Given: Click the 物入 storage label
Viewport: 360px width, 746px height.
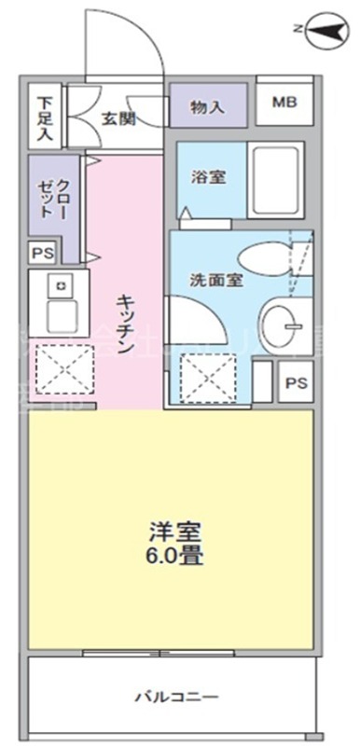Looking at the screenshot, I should (207, 105).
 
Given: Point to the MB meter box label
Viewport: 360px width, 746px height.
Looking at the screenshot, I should (284, 104).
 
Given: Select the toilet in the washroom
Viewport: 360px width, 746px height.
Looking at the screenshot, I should (265, 258).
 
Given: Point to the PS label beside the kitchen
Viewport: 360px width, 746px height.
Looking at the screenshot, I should (41, 253).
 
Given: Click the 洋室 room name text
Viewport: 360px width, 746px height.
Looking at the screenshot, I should (174, 532).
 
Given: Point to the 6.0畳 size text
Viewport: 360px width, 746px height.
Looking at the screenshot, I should (174, 559).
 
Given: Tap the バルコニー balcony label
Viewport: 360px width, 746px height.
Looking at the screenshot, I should (174, 696).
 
